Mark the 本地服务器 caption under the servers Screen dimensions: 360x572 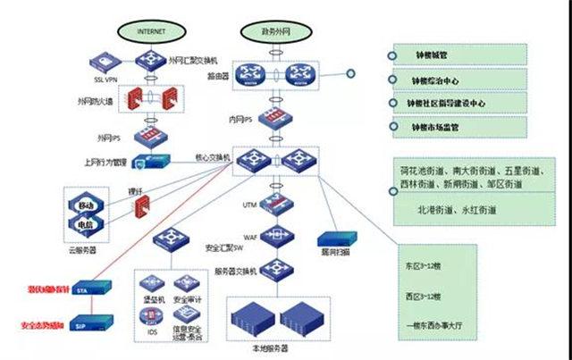coord(276,350)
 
